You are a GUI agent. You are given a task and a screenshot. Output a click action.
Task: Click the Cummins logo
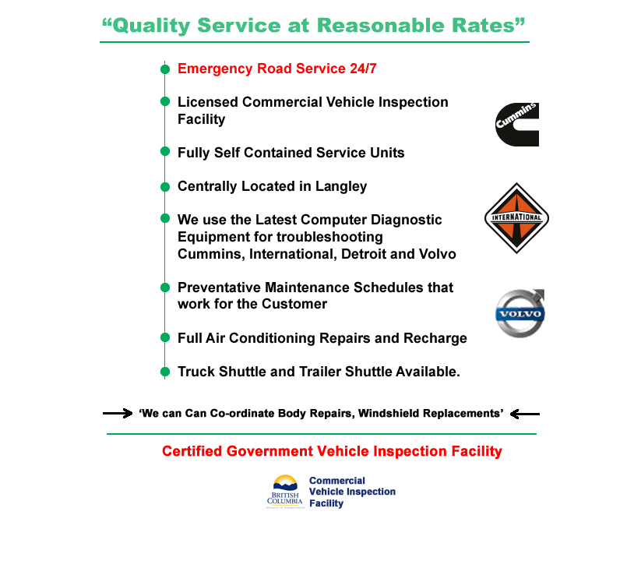[517, 125]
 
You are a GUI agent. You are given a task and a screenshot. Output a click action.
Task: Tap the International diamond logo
[516, 218]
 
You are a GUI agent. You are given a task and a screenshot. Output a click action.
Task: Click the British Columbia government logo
[285, 492]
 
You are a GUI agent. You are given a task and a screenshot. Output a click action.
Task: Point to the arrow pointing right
[118, 413]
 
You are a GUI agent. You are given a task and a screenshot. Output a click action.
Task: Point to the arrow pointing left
[525, 413]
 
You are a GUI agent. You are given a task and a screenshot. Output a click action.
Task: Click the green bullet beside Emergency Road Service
[165, 69]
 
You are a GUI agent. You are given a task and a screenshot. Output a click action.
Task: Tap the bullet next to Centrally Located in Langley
[165, 187]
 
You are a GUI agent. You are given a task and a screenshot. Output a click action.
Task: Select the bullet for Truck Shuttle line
[165, 372]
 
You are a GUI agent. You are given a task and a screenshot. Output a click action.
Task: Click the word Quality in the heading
[150, 26]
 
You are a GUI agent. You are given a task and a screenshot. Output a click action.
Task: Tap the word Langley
[341, 186]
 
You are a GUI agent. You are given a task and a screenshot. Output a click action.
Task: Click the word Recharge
[435, 338]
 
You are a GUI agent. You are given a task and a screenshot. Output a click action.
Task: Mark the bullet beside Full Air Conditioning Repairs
[165, 338]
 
